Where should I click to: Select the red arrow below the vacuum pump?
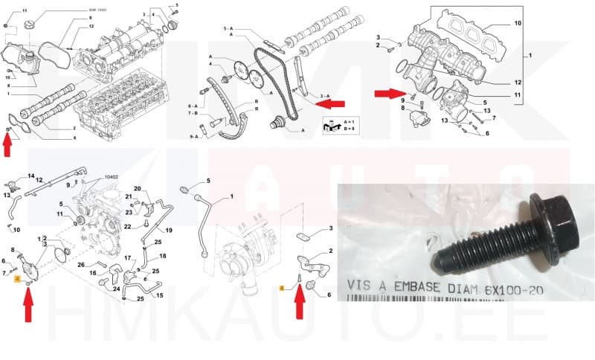(x=28, y=304)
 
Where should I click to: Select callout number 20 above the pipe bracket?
(x=137, y=188)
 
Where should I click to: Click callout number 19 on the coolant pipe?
(x=168, y=231)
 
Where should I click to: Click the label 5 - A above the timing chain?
(x=229, y=28)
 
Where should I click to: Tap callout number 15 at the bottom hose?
(x=160, y=296)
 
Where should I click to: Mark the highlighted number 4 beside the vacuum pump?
(x=17, y=280)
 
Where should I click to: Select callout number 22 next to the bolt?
(x=127, y=227)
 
